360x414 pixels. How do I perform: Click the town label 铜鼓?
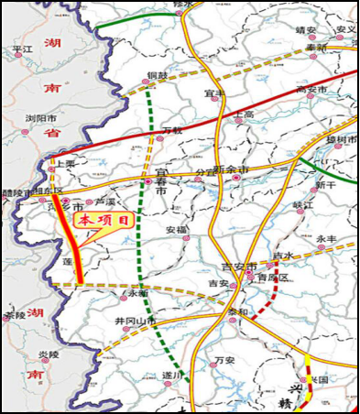click(x=158, y=76)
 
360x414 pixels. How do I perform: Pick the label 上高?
click(x=245, y=114)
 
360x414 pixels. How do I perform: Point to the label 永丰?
click(x=328, y=240)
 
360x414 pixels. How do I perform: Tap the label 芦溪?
click(x=110, y=202)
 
